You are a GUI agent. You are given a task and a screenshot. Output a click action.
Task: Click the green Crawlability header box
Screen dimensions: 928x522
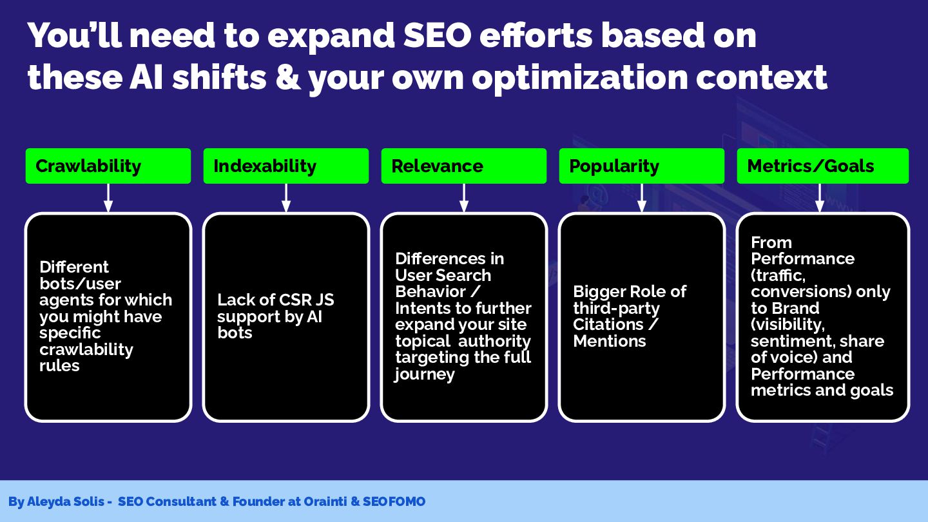pos(108,166)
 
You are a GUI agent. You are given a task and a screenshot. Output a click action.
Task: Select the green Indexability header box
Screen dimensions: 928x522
pos(286,166)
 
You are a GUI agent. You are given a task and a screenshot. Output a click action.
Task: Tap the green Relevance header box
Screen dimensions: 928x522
pos(463,166)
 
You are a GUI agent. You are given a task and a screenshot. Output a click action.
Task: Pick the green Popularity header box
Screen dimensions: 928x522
pos(642,166)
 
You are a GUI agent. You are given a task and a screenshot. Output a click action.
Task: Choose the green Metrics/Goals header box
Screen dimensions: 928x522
pos(823,166)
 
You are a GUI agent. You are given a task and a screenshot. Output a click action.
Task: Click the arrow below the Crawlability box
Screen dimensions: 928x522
pos(108,198)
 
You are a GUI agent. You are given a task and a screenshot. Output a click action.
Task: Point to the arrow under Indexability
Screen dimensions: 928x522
pos(286,198)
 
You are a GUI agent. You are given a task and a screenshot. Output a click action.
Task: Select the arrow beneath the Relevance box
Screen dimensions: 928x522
pos(464,198)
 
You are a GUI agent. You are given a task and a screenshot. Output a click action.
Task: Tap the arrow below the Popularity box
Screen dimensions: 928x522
pos(642,198)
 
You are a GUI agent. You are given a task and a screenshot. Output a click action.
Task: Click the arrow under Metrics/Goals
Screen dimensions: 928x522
pos(820,198)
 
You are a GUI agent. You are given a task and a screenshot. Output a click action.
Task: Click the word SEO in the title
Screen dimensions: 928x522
pos(438,35)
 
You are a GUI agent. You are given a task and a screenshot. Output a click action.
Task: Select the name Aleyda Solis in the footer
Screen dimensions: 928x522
pos(66,501)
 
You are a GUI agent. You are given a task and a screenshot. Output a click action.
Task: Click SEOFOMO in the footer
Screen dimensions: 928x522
pos(394,501)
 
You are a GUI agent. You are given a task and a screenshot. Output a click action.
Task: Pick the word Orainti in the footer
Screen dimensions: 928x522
pos(325,501)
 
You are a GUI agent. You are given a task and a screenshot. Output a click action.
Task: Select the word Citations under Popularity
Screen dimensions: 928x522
pos(608,324)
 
